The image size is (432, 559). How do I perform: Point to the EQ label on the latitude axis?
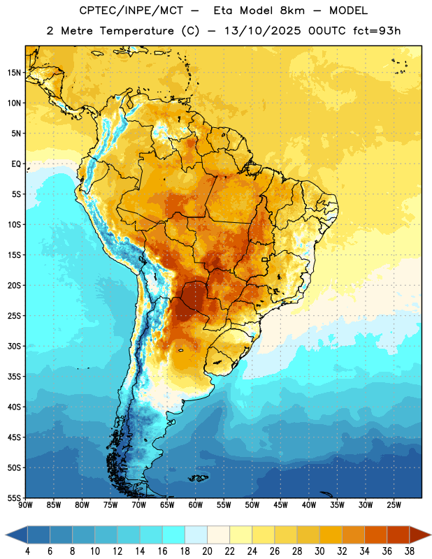[16, 164]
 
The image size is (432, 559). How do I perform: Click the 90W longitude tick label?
[25, 505]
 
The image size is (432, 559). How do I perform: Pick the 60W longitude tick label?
[196, 505]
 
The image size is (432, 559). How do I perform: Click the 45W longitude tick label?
[280, 505]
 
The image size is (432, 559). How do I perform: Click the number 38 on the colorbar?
[410, 551]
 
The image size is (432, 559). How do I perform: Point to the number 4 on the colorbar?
[27, 551]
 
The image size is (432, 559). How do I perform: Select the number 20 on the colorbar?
[207, 551]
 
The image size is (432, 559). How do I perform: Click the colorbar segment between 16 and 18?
[174, 535]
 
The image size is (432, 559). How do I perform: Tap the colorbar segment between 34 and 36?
[376, 535]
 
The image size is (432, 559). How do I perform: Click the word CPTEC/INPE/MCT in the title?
[131, 10]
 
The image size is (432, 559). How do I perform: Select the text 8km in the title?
[292, 10]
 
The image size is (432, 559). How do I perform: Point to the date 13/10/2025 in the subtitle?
[263, 31]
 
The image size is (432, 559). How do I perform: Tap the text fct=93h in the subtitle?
[377, 31]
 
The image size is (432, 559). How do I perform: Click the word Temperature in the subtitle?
[136, 31]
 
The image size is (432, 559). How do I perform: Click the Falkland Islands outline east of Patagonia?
[199, 478]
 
